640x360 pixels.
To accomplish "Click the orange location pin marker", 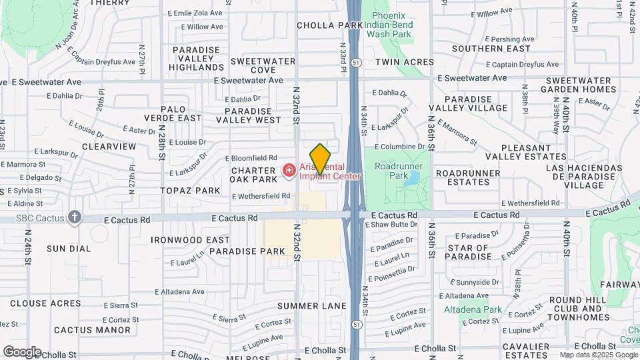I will point(320,159).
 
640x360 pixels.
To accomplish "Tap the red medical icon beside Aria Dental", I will point(289,171).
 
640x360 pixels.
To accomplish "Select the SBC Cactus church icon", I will point(75,217).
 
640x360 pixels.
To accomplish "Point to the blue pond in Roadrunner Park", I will point(411,177).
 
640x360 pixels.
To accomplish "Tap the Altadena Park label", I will point(473,309).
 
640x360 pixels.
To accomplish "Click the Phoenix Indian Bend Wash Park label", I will point(393,25).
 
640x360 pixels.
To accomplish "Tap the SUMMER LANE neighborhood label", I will point(312,306).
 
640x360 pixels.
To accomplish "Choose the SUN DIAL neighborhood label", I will point(69,249).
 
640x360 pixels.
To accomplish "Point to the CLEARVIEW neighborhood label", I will point(109,146).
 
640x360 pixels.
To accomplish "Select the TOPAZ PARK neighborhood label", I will point(190,191).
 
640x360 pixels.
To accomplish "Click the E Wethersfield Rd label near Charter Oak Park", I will point(261,196).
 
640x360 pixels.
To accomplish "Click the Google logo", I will point(22,351).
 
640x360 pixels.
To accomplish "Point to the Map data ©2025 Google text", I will point(597,355).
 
